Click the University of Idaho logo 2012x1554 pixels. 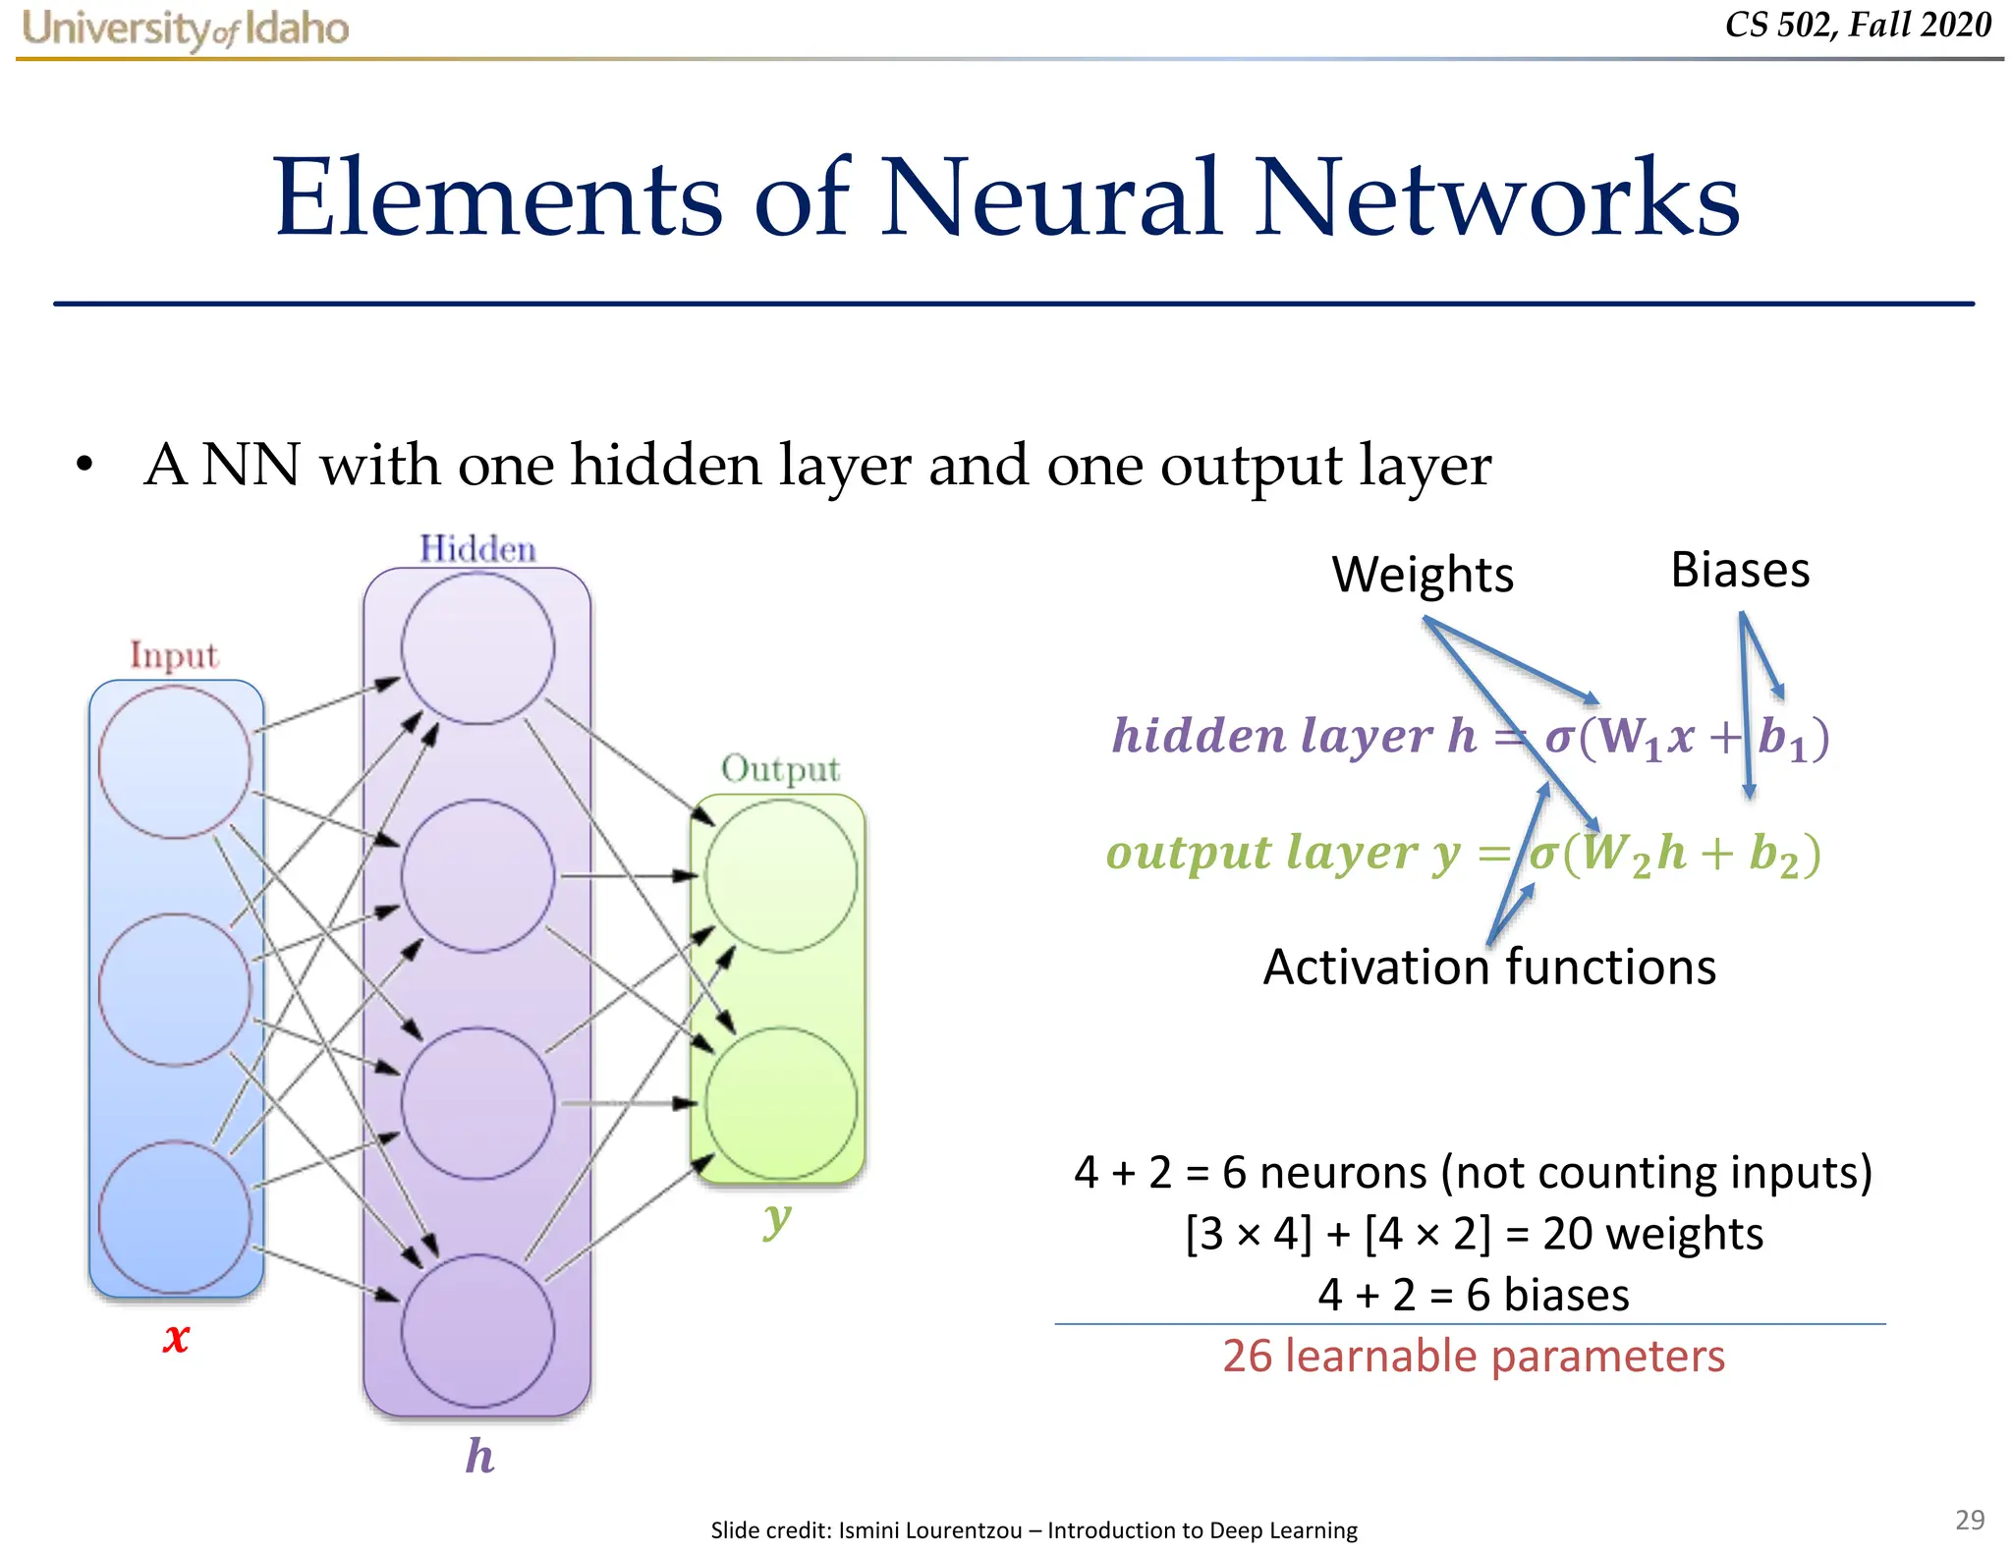click(x=185, y=28)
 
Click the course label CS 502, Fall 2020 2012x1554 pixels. click(x=1858, y=25)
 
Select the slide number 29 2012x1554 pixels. click(x=1969, y=1520)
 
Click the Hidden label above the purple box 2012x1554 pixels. click(x=477, y=549)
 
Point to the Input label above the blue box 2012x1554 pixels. click(x=174, y=655)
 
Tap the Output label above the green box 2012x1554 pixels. click(x=780, y=769)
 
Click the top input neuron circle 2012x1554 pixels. click(x=175, y=761)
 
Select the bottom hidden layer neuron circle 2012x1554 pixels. click(x=477, y=1331)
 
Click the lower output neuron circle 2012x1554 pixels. click(x=781, y=1102)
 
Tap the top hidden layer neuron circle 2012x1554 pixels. click(x=477, y=648)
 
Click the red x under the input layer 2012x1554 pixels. click(x=176, y=1338)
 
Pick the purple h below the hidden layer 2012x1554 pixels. click(x=479, y=1456)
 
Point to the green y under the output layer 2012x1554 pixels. click(x=777, y=1219)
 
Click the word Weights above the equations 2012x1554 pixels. click(x=1422, y=575)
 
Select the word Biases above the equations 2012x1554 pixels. click(x=1740, y=571)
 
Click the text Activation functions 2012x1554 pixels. click(x=1488, y=968)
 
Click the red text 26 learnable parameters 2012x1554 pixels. click(x=1473, y=1357)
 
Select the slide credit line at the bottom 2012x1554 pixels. click(x=1034, y=1530)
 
